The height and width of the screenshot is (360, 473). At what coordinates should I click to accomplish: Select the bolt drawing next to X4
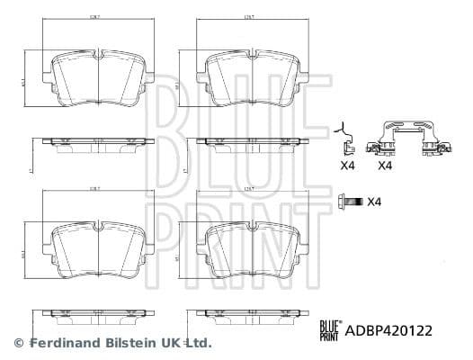tap(350, 201)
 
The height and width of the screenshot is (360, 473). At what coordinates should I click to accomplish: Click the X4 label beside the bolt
tap(377, 201)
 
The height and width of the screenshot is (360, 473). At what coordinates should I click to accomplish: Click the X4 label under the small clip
tap(346, 166)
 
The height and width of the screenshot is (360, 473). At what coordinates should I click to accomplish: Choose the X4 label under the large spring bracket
tap(386, 166)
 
